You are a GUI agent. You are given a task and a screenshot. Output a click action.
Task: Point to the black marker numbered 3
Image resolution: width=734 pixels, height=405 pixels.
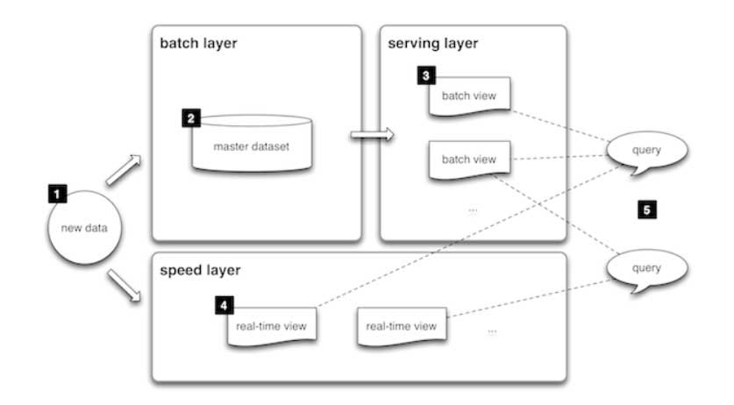click(x=425, y=76)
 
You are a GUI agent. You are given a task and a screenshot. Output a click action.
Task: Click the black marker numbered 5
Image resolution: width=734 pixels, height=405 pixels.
click(x=646, y=210)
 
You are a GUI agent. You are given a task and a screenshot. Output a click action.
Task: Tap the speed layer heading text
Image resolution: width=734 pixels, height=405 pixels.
click(x=198, y=269)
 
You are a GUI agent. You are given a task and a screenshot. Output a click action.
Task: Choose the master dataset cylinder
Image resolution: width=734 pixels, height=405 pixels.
click(x=251, y=144)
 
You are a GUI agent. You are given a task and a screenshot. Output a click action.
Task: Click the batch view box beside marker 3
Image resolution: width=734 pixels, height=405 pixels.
click(x=468, y=96)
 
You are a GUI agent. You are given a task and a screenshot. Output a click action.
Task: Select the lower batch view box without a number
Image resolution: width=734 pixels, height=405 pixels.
click(x=468, y=160)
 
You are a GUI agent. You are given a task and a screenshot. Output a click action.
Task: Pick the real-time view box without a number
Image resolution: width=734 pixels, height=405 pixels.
click(x=401, y=327)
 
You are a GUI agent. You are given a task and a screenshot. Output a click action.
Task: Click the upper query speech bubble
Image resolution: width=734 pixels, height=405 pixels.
click(x=646, y=150)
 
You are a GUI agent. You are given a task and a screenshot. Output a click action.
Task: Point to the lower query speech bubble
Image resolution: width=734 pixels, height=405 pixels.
click(x=646, y=266)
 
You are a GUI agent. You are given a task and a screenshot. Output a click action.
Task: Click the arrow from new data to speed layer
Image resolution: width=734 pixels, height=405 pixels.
click(x=123, y=286)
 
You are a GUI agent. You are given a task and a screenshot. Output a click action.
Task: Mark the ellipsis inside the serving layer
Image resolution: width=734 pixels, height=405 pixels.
click(x=472, y=210)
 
